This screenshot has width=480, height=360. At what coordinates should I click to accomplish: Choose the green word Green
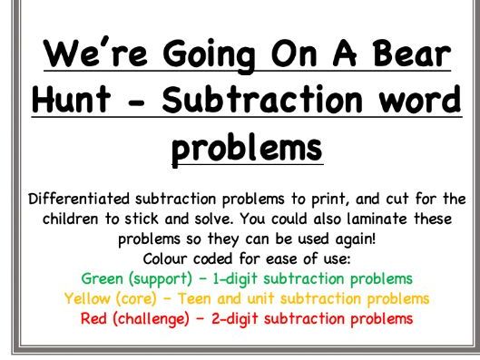coord(101,277)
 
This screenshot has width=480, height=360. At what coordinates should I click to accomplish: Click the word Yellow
coord(85,297)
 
